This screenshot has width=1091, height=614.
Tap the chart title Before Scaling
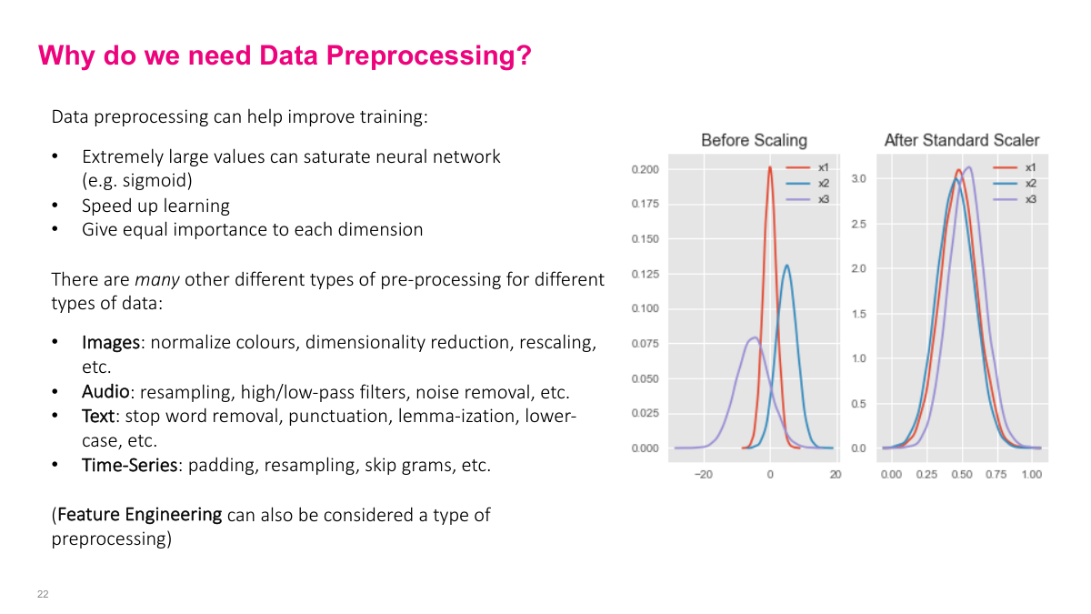click(754, 140)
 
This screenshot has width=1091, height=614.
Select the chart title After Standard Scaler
click(961, 140)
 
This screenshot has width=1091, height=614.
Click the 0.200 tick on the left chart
click(645, 169)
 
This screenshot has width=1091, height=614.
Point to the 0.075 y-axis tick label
click(645, 344)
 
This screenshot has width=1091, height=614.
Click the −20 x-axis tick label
click(703, 475)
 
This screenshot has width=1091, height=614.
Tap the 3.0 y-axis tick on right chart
click(859, 179)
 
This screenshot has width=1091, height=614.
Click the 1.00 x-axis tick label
click(1031, 475)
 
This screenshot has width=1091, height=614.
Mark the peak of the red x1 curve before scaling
click(770, 167)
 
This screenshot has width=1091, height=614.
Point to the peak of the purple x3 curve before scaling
click(754, 338)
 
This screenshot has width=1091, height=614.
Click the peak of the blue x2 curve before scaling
click(786, 267)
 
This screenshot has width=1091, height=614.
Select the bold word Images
click(111, 343)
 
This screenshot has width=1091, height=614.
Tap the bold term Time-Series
click(128, 466)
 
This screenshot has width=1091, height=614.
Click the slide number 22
click(43, 594)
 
